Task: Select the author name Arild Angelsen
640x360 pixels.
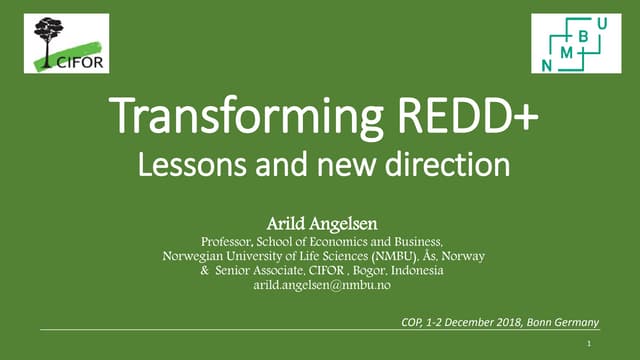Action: [322, 223]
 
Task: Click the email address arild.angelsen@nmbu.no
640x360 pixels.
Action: [322, 286]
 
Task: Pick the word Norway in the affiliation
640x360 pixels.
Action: [461, 256]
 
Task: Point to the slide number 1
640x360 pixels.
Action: [593, 341]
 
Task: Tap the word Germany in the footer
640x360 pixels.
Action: [572, 321]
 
